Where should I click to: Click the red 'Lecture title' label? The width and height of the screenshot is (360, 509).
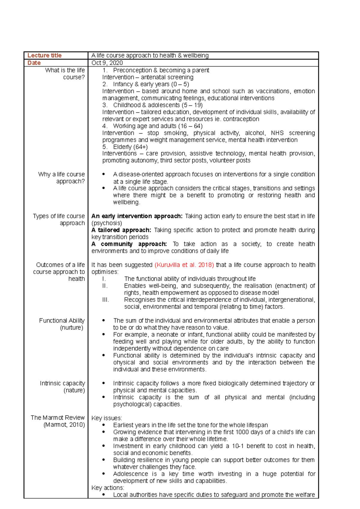[x=44, y=55]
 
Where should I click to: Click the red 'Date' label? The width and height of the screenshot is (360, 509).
[x=34, y=63]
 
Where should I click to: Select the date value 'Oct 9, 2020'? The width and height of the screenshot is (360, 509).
[x=107, y=63]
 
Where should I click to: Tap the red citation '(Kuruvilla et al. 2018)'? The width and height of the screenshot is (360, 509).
[x=184, y=265]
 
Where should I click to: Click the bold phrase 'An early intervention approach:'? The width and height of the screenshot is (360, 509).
[x=137, y=216]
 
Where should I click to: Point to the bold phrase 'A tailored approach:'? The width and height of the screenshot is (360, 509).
[x=121, y=230]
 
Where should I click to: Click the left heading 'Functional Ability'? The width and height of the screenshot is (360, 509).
[x=62, y=321]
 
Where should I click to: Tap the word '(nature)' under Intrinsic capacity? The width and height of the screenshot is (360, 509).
[x=74, y=390]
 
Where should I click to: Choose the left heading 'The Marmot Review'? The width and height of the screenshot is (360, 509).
[x=58, y=418]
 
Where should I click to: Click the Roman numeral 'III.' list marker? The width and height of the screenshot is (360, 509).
[x=105, y=300]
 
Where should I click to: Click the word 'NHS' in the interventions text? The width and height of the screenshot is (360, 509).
[x=277, y=133]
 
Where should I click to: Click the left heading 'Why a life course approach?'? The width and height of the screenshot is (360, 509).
[x=61, y=178]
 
